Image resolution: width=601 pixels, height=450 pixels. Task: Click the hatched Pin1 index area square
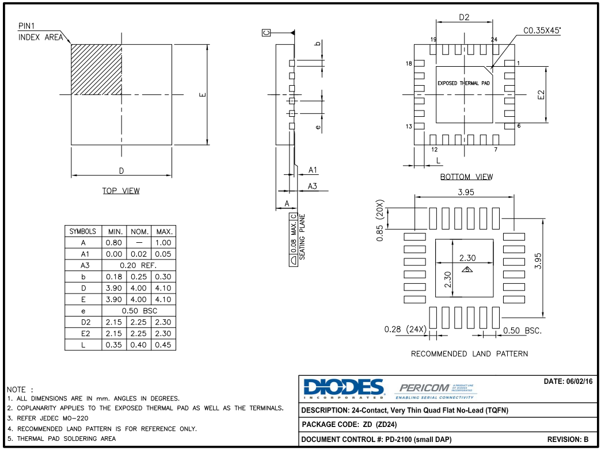96,69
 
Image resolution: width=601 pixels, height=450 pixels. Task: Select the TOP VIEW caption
121,191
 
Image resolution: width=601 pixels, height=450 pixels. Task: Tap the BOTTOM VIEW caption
466,177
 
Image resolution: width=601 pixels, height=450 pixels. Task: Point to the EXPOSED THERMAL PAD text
464,83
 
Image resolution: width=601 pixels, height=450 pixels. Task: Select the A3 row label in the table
83,265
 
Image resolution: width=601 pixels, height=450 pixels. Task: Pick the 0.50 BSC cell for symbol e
139,311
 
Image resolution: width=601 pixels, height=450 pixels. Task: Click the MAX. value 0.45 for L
163,345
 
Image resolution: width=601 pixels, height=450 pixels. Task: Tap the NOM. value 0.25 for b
139,277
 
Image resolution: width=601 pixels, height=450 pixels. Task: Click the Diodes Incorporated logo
343,388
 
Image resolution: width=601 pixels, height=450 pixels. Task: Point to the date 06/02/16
568,382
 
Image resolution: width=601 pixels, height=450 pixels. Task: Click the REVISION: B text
568,440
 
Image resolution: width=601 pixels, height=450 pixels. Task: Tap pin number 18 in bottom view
409,63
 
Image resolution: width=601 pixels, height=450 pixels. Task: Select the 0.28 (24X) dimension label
405,329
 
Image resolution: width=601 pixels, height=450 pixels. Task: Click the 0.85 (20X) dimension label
380,221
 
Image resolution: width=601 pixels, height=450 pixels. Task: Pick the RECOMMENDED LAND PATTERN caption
469,354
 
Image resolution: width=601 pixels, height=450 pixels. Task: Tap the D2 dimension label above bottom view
464,17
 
